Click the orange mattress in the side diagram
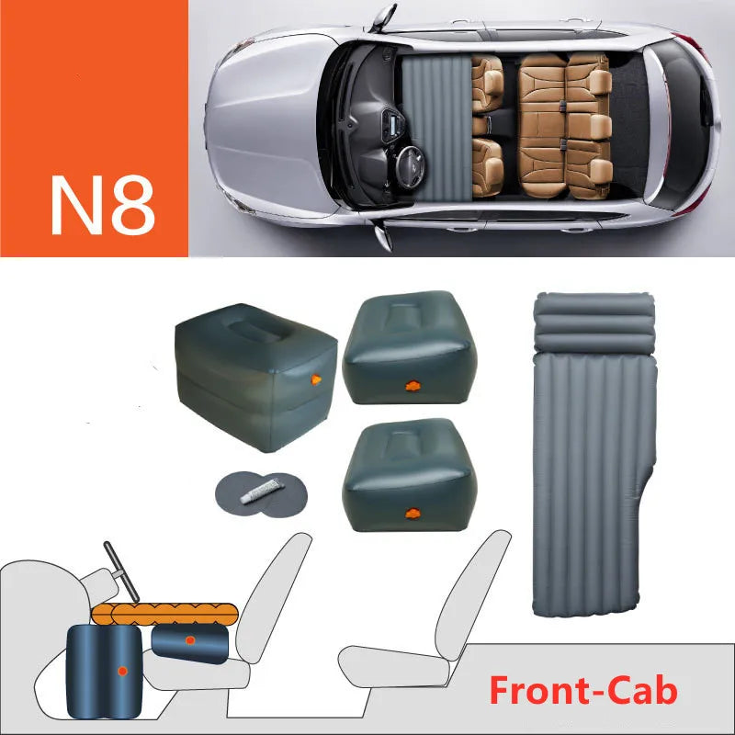[x=165, y=614]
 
